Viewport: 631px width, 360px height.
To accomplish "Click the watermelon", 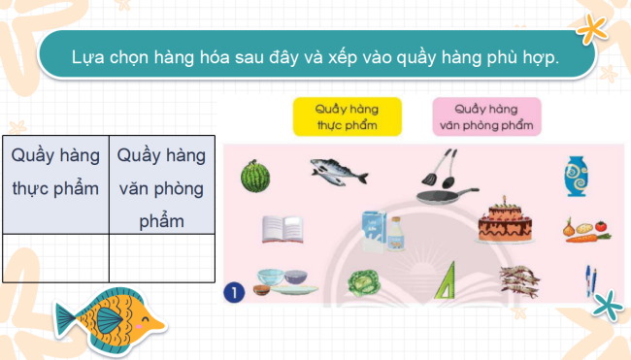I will pyautogui.click(x=254, y=176).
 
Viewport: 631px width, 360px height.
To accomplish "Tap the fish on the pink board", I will pyautogui.click(x=339, y=172).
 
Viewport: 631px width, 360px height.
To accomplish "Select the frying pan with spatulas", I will pyautogui.click(x=444, y=180).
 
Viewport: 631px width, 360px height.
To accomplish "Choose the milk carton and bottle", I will pyautogui.click(x=382, y=231).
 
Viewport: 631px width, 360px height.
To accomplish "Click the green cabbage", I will pyautogui.click(x=364, y=282).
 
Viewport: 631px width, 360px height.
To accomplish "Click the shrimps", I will pyautogui.click(x=520, y=279).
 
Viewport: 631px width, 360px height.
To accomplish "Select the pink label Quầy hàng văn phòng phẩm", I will pyautogui.click(x=485, y=117).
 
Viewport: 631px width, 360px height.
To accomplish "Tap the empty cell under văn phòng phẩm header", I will pyautogui.click(x=161, y=257).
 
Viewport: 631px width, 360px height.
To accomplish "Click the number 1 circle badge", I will pyautogui.click(x=232, y=289).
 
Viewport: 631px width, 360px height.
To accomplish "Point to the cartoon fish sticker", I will pyautogui.click(x=105, y=314).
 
